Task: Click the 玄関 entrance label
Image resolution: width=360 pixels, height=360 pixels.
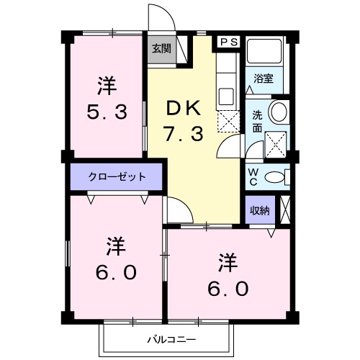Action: (x=161, y=49)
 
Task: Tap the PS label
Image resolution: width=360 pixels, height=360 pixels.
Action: (x=229, y=42)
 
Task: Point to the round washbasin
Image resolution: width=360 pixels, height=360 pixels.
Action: (x=278, y=112)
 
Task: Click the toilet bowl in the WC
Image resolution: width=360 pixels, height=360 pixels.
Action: (x=274, y=178)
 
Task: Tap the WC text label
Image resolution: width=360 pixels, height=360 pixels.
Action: (x=253, y=176)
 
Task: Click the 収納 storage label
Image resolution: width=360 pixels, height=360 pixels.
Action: (x=259, y=210)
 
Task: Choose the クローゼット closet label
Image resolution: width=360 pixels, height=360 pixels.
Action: (x=117, y=176)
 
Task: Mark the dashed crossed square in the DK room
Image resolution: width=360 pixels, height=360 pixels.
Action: (x=228, y=122)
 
